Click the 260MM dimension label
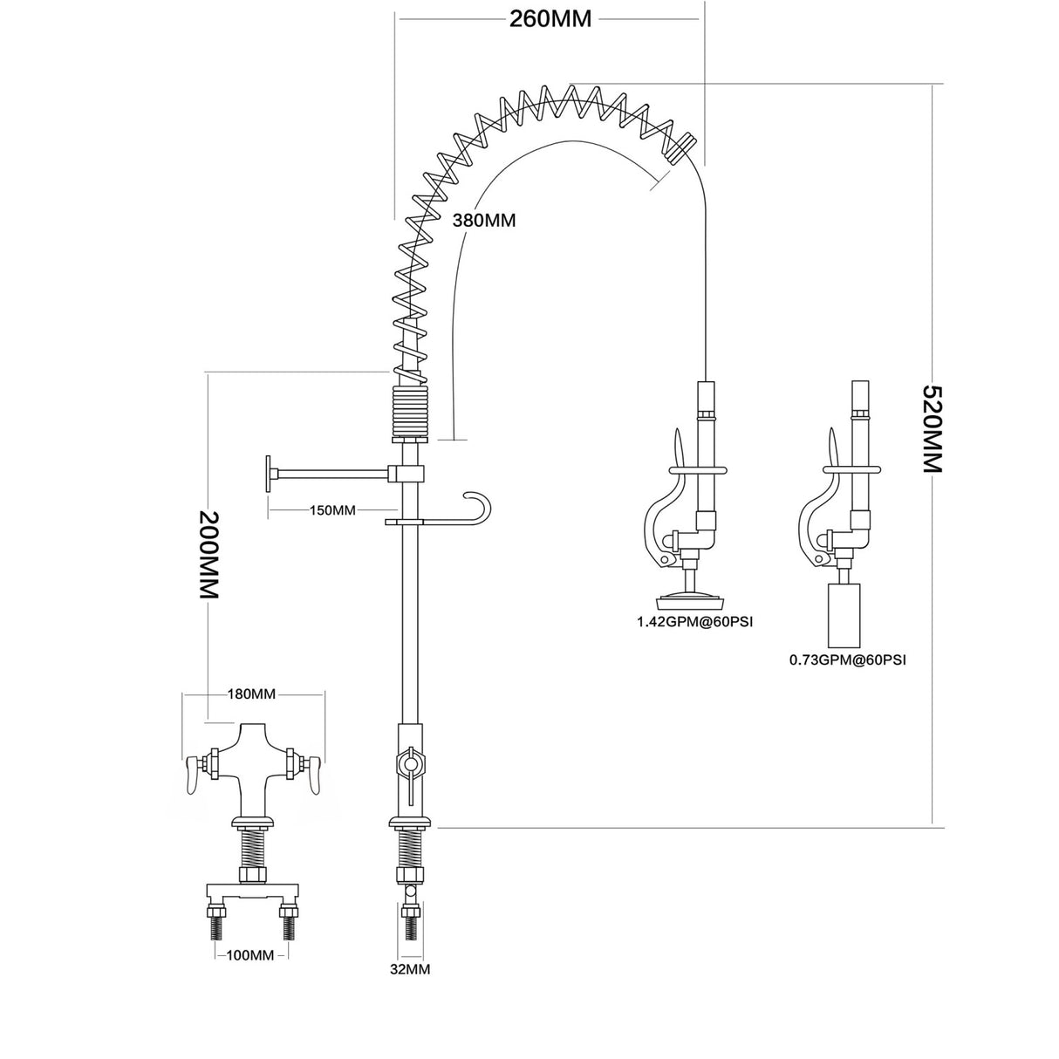550,18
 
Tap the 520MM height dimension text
933,427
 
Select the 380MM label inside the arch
483,221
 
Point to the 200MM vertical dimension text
208,554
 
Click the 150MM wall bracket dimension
332,510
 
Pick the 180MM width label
251,694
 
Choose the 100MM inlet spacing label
250,955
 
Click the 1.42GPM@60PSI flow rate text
694,622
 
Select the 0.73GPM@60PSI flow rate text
847,660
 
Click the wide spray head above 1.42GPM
693,600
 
